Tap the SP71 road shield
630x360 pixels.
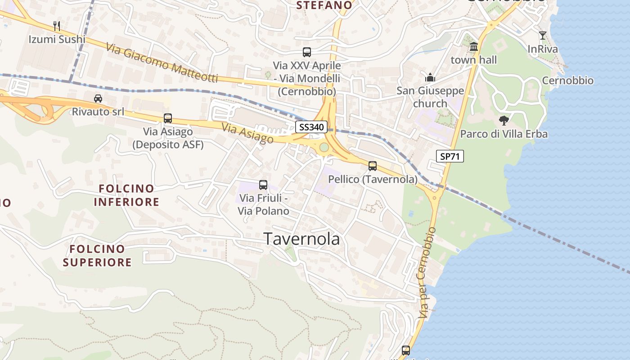(x=450, y=156)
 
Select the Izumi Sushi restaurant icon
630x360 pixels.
(x=57, y=26)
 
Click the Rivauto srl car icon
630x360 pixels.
(x=98, y=98)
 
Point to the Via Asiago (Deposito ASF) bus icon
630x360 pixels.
(x=168, y=118)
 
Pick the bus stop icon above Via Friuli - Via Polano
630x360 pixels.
(x=263, y=184)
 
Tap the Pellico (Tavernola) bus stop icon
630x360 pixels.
(x=373, y=166)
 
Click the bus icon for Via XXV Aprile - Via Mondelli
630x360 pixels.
(x=307, y=52)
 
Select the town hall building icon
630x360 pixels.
(x=473, y=46)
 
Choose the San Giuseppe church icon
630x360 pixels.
(x=430, y=77)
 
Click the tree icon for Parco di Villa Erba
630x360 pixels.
(x=504, y=120)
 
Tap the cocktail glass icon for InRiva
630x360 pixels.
(x=543, y=36)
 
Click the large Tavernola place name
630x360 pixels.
(x=301, y=239)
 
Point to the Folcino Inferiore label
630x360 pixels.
(x=126, y=195)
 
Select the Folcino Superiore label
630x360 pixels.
(x=97, y=255)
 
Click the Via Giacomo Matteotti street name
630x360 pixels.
(x=162, y=63)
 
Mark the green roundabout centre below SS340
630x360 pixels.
(x=324, y=147)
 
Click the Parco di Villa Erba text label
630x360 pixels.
(x=504, y=134)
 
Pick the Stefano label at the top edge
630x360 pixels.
(x=324, y=5)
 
